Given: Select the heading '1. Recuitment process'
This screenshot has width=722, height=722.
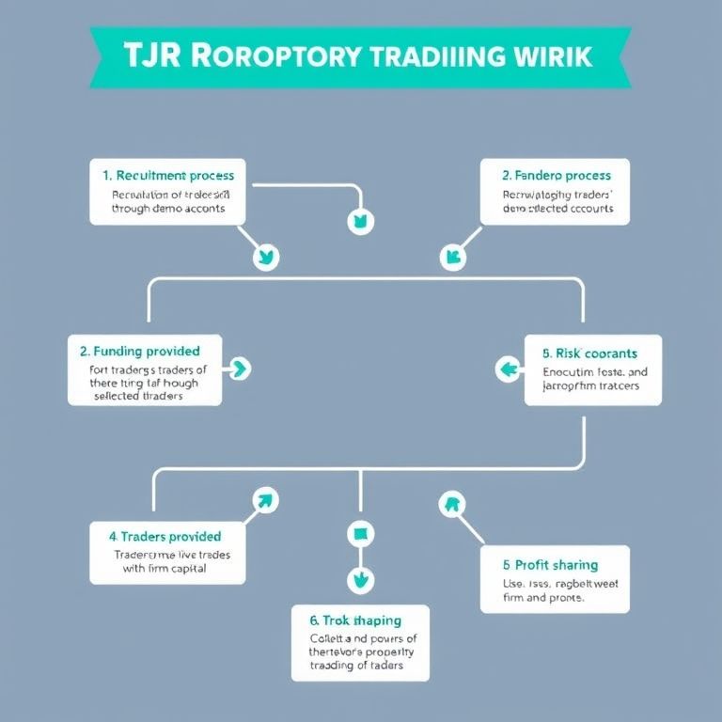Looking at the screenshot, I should click(x=168, y=175).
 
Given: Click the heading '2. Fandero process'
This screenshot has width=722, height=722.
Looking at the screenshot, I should click(x=556, y=175).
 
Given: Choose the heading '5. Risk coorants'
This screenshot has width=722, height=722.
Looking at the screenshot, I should click(x=589, y=353).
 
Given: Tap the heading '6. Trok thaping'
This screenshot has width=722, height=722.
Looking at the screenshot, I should click(x=354, y=620).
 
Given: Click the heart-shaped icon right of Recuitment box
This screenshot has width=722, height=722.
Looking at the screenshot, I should click(x=361, y=223).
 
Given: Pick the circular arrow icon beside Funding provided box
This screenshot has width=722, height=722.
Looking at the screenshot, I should click(x=239, y=369).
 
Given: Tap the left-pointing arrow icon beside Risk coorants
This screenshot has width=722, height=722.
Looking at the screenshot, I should click(x=510, y=369).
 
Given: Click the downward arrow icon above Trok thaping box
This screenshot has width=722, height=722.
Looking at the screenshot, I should click(x=360, y=579).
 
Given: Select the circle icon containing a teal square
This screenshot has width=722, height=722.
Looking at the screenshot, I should click(x=360, y=534).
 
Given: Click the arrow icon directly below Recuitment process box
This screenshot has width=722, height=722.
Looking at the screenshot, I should click(x=266, y=257).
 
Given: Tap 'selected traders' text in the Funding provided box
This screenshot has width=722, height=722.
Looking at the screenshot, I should click(x=138, y=397).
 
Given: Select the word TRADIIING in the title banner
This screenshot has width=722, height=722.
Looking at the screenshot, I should click(x=434, y=55).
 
